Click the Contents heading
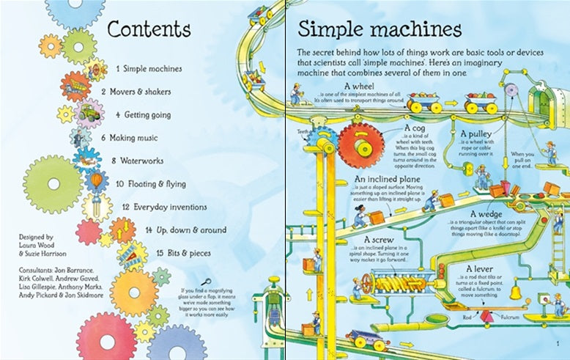point(149,29)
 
